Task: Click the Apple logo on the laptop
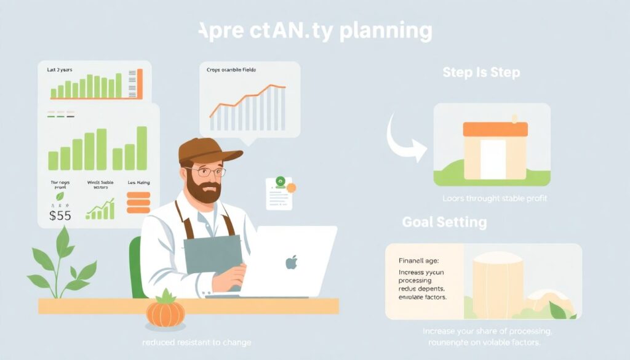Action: click(291, 263)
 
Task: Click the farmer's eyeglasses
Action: click(205, 172)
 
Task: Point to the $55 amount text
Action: click(60, 216)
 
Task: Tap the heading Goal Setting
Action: click(444, 222)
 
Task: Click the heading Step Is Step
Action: click(481, 73)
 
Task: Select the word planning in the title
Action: click(386, 31)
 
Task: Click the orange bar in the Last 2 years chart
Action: click(140, 84)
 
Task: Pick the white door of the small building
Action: click(492, 159)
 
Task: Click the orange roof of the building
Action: click(495, 129)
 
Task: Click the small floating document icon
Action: click(280, 193)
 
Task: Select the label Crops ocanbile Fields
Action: click(231, 70)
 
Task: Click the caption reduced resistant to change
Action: click(196, 342)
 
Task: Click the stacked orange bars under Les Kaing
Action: click(138, 203)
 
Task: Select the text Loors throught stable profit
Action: click(495, 199)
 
